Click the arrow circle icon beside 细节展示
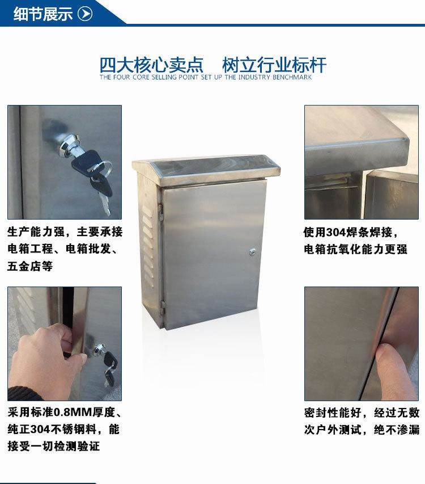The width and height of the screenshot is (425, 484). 85,14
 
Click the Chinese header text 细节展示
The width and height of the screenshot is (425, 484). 43,14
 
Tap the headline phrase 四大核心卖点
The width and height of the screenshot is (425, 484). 151,65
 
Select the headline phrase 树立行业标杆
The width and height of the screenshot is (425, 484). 274,65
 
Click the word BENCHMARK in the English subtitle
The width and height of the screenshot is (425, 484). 292,77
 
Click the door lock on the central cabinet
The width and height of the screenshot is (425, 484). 252,252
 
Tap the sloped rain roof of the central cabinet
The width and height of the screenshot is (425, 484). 206,170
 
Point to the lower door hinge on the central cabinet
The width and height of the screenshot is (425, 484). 163,306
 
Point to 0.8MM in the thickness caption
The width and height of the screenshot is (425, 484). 73,412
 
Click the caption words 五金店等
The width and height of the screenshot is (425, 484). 30,266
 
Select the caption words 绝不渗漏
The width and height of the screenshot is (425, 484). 397,430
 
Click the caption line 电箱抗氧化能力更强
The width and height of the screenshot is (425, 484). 355,249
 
